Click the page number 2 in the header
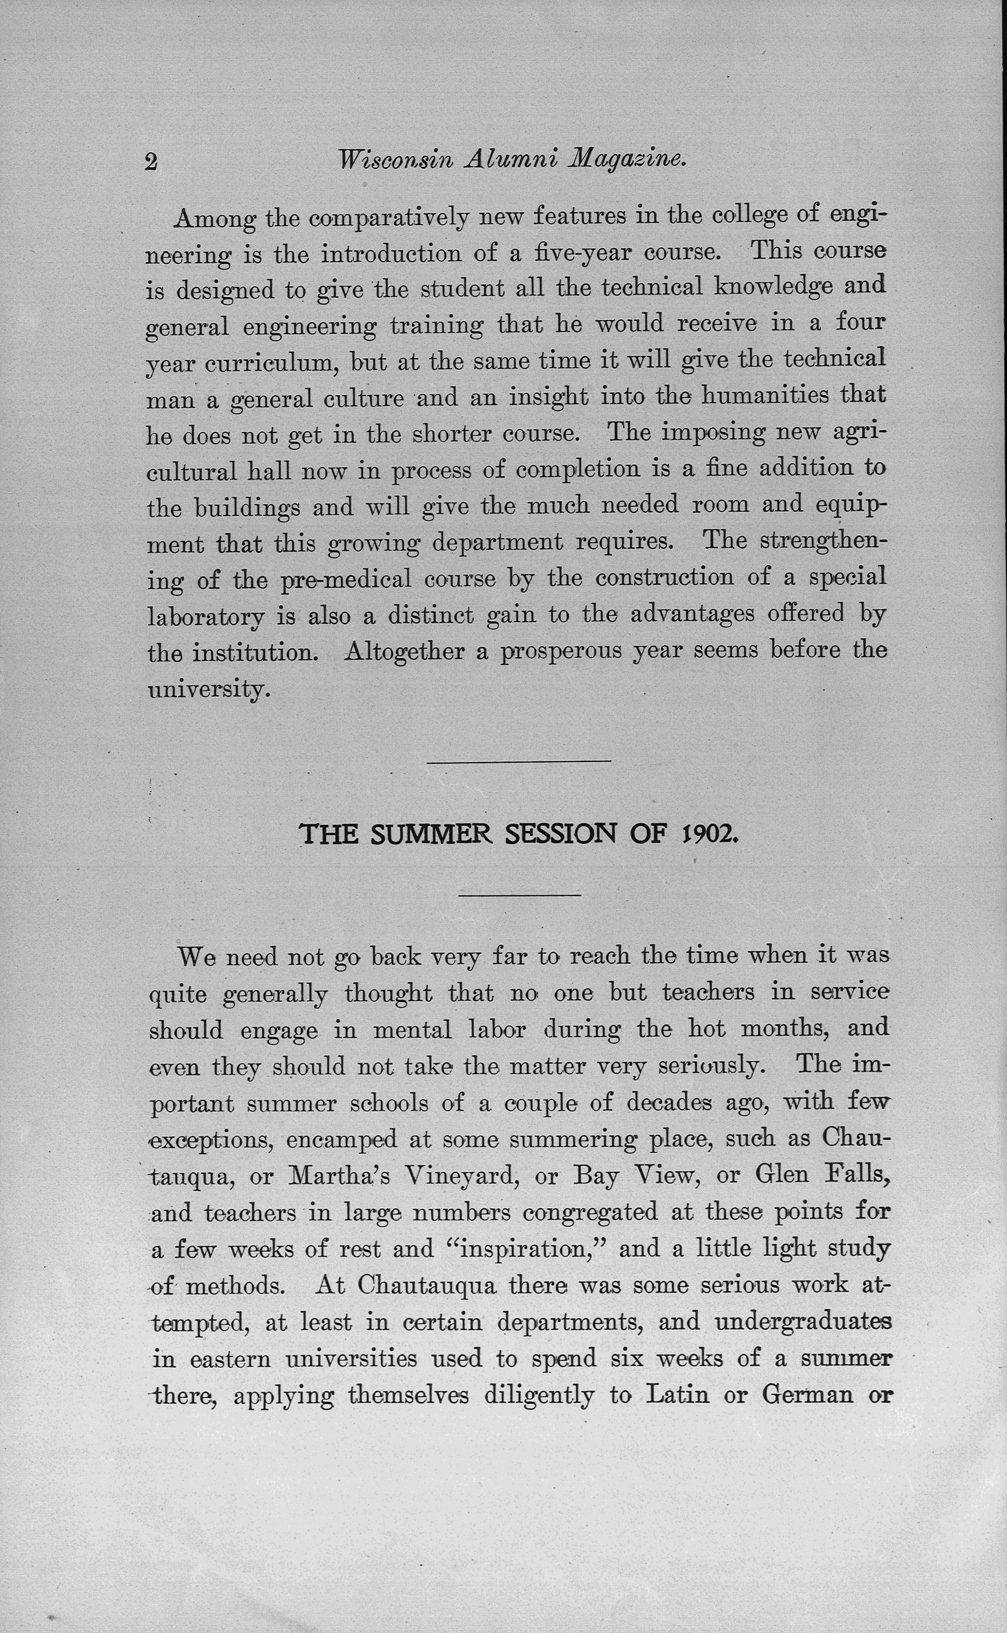[x=151, y=162]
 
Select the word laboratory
[x=205, y=616]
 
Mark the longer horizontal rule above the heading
[x=518, y=761]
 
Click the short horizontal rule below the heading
[x=520, y=895]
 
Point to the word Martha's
[x=339, y=1176]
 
